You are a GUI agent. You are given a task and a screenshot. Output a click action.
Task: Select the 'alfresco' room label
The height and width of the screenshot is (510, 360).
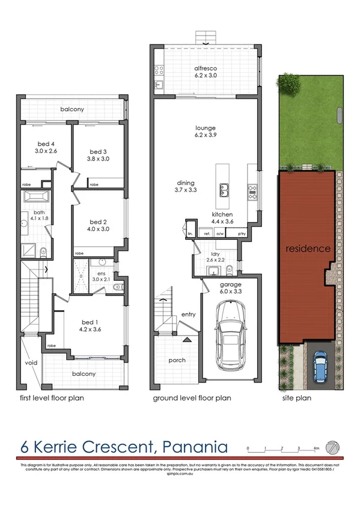point(206,69)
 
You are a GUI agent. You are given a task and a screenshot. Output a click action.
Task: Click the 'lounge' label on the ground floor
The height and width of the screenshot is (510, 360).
point(206,127)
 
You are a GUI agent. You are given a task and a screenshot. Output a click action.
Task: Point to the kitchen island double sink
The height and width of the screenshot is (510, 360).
point(225,191)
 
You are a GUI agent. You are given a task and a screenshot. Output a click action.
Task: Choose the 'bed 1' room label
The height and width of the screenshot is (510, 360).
point(88,322)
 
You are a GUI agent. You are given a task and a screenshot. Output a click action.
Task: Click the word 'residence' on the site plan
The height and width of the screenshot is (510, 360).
point(307,248)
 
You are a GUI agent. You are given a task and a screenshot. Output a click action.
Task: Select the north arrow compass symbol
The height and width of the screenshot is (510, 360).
point(331,447)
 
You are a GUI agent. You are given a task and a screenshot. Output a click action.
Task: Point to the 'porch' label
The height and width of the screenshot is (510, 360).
point(177,361)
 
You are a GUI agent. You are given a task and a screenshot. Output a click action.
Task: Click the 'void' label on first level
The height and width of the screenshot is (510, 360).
point(31,363)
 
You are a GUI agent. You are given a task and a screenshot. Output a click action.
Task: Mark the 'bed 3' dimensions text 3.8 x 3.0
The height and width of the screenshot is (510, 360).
point(98,159)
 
